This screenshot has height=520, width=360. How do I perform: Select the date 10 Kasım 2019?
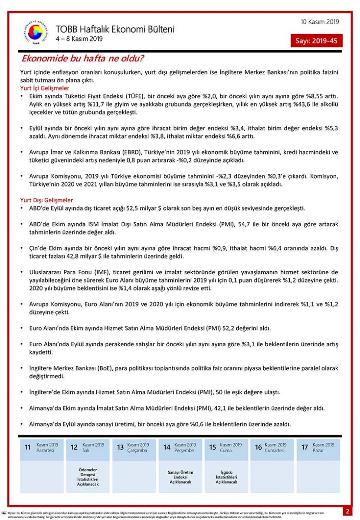click(320, 22)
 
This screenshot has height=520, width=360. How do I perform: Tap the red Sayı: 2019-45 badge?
click(316, 41)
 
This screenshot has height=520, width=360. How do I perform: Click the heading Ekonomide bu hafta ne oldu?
click(83, 59)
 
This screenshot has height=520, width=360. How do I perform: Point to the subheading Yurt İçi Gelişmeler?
click(45, 88)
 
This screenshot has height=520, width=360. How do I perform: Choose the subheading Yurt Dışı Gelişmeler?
click(47, 200)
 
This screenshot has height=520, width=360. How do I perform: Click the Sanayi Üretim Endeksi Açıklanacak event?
click(180, 477)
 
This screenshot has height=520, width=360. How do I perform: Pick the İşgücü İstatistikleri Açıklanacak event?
click(226, 477)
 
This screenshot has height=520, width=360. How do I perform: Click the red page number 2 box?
click(347, 511)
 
